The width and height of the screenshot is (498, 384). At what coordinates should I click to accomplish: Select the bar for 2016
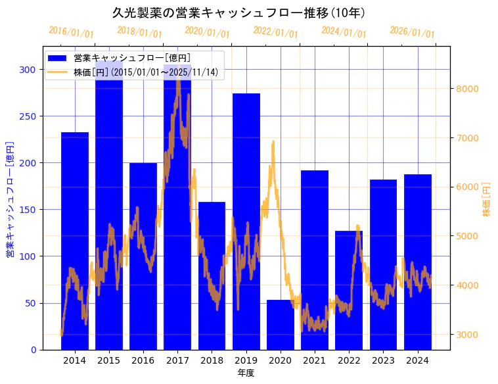click(x=143, y=256)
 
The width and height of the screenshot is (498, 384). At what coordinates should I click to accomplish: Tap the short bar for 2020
click(x=281, y=325)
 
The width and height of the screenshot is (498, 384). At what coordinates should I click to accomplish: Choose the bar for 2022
click(x=349, y=290)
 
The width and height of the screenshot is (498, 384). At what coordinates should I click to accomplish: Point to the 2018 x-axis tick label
click(x=212, y=360)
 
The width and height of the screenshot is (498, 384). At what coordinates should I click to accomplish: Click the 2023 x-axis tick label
click(x=383, y=360)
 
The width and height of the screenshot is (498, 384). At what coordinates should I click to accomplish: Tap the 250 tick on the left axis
click(x=30, y=116)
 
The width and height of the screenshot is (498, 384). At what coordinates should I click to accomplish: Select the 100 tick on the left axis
click(x=30, y=256)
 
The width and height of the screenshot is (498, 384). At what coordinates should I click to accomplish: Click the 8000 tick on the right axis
click(x=468, y=89)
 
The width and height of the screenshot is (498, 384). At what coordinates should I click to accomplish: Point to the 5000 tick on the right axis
click(x=468, y=236)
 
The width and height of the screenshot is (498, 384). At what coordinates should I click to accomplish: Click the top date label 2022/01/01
click(x=275, y=32)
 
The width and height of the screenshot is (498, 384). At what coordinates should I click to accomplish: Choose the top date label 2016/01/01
click(x=71, y=32)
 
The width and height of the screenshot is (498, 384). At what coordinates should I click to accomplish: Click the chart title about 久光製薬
click(x=239, y=12)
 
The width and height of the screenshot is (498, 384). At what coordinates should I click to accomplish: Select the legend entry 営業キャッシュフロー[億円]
click(x=132, y=58)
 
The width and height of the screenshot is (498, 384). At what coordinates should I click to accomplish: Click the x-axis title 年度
click(x=246, y=373)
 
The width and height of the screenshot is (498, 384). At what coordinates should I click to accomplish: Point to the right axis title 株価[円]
click(x=487, y=200)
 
